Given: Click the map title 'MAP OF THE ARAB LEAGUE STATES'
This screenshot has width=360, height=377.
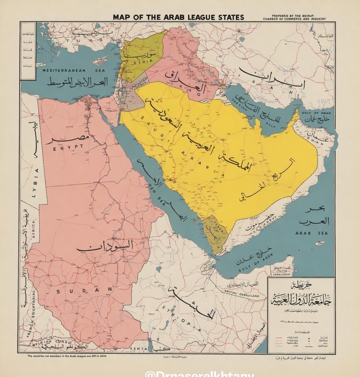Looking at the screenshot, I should click(x=178, y=17).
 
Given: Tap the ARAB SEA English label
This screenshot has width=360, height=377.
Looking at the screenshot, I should click(x=311, y=233).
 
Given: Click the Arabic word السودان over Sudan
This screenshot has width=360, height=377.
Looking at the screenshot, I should click(x=105, y=246).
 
